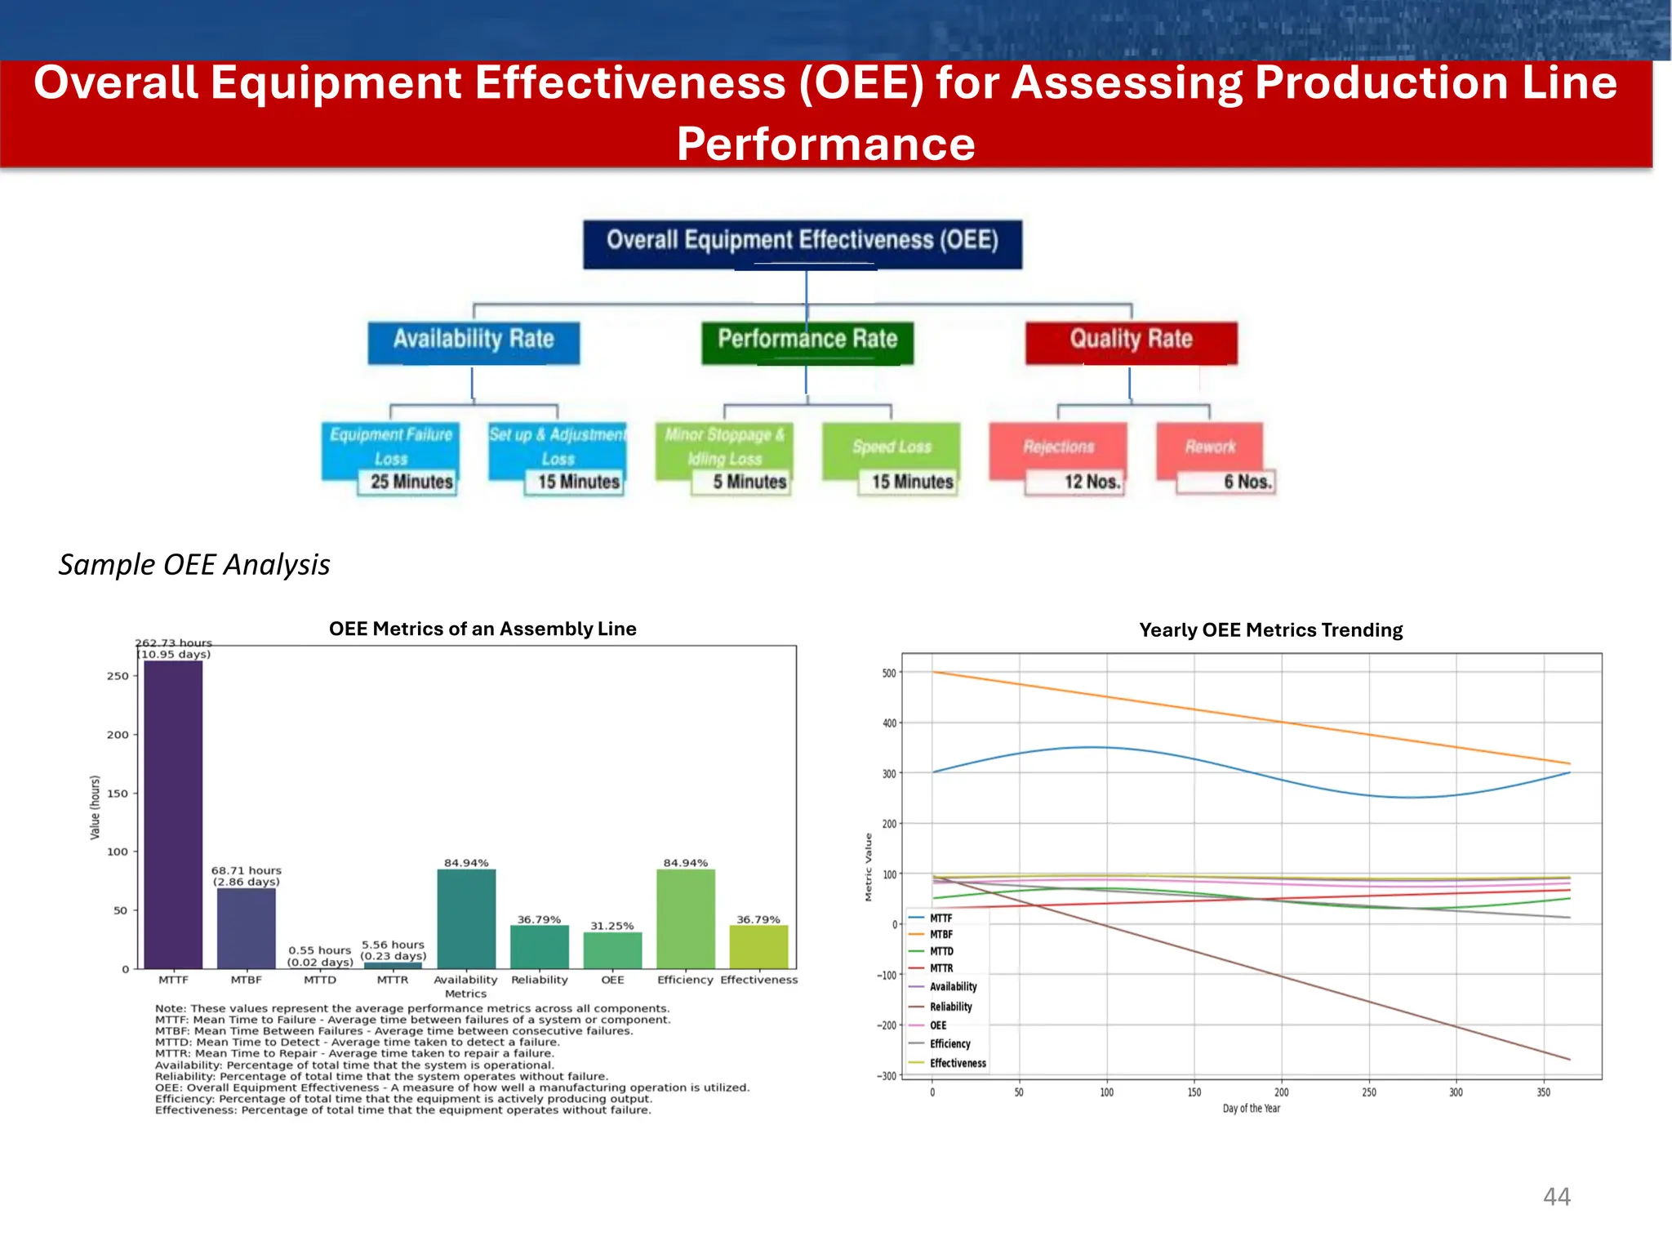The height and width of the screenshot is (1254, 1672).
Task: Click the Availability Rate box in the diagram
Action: point(474,342)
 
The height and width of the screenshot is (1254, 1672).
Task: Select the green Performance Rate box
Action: point(807,342)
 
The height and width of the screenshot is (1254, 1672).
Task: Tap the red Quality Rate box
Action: point(1132,342)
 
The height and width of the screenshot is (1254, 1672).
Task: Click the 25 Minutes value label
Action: point(411,482)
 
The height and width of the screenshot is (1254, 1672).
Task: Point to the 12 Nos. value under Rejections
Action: point(1092,482)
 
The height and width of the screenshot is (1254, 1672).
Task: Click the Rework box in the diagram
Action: point(1209,447)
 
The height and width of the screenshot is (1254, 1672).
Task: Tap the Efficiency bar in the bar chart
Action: point(686,918)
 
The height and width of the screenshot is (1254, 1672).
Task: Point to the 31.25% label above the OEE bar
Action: point(612,926)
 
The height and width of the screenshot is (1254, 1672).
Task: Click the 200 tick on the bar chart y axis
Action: point(118,735)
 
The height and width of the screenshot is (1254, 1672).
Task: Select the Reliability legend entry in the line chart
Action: point(950,1007)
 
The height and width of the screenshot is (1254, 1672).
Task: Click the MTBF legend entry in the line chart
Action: point(940,935)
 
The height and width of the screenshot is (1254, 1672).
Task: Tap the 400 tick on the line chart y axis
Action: point(888,723)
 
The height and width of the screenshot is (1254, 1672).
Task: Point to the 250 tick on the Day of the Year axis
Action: point(1369,1092)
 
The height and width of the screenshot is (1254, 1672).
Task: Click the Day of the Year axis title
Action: point(1251,1109)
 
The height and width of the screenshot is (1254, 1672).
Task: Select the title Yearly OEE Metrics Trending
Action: point(1270,630)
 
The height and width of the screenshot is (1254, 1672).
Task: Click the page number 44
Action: point(1556,1197)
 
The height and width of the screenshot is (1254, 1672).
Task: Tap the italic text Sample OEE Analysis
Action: point(194,565)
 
